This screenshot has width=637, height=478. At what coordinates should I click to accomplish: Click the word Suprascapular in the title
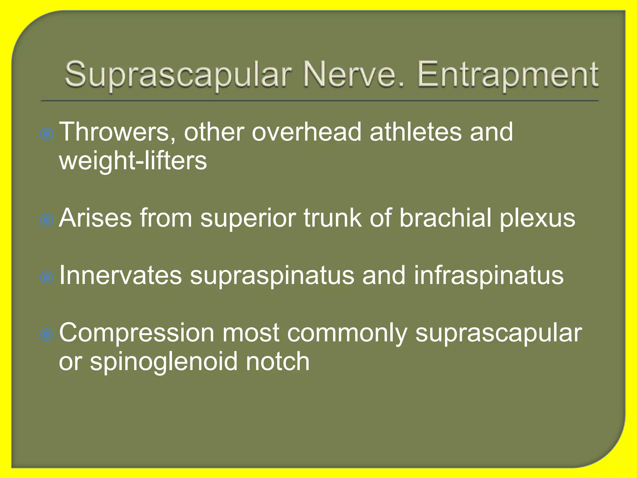click(x=178, y=75)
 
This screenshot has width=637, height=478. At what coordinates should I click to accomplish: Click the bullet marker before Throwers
click(x=47, y=134)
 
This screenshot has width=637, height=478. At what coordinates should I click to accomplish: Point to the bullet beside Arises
click(x=47, y=220)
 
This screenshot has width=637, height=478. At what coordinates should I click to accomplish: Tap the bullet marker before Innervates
click(x=47, y=277)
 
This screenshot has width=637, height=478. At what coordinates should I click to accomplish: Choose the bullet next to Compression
click(x=47, y=335)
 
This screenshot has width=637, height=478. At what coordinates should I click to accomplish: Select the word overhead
click(x=306, y=132)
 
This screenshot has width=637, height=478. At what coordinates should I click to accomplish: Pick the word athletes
click(x=416, y=132)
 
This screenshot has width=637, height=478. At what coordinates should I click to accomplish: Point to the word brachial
click(x=445, y=218)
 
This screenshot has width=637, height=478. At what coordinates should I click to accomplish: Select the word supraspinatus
click(x=272, y=276)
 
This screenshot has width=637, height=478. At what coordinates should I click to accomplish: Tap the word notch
click(x=277, y=362)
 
